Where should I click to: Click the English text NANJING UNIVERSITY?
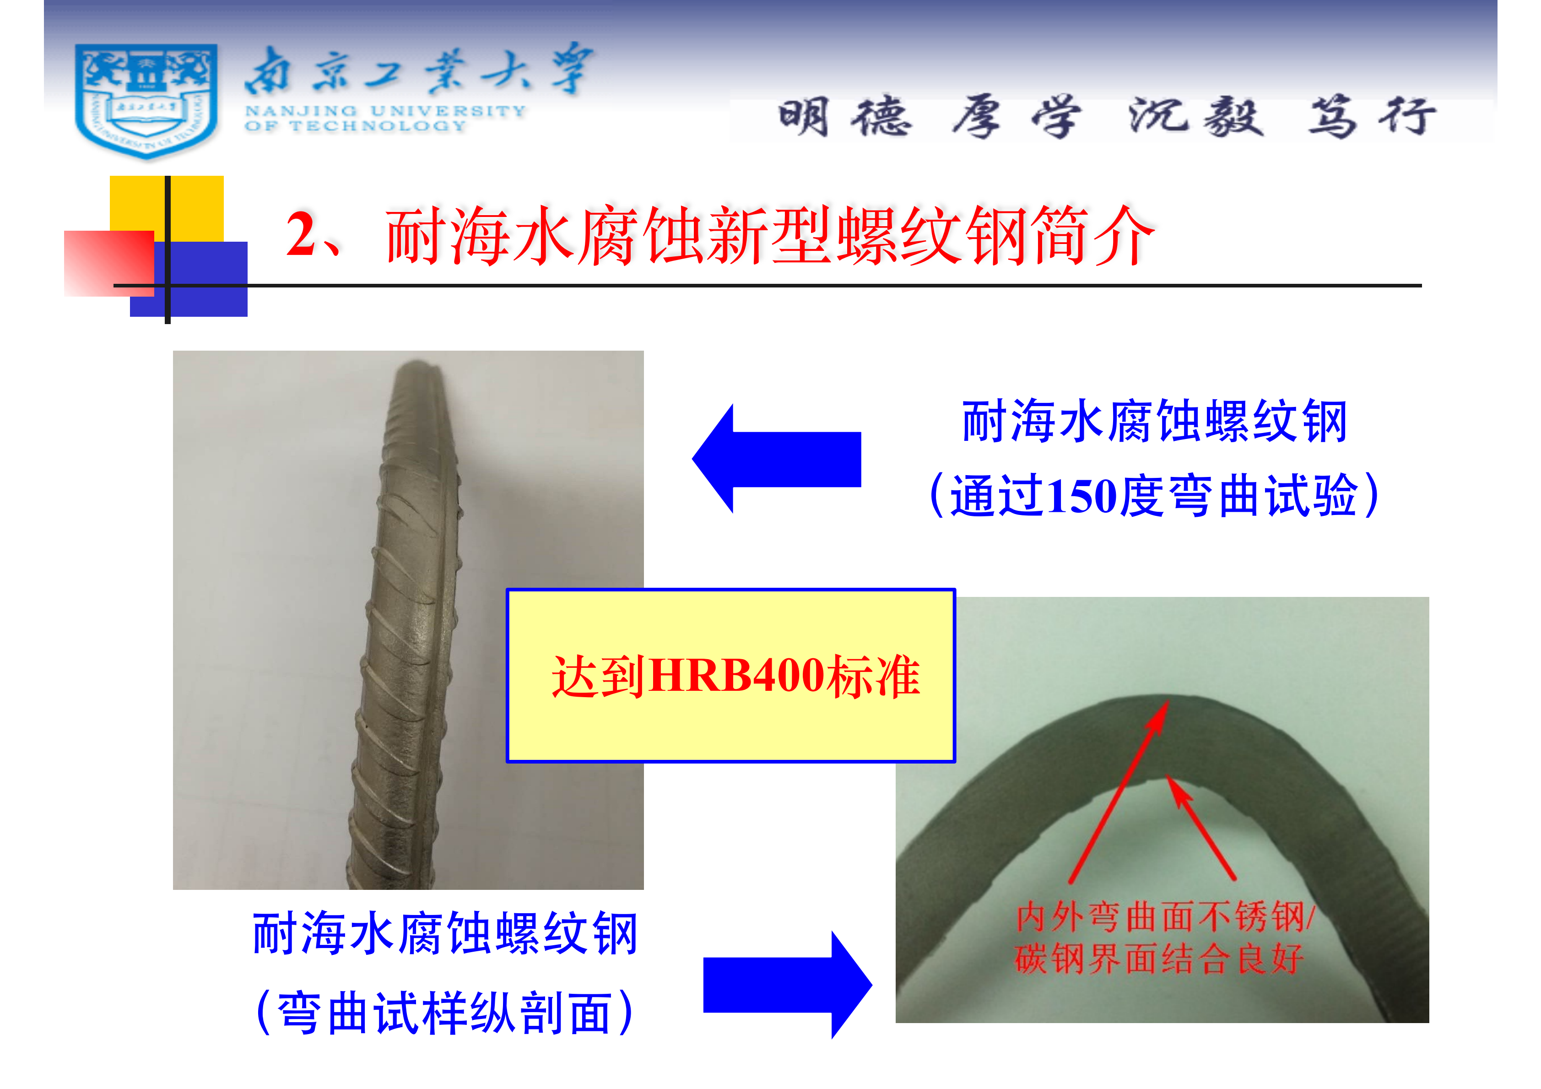385,111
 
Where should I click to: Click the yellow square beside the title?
167,208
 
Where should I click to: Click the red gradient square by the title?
109,263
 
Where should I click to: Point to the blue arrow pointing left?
777,459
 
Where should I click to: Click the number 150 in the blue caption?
1082,497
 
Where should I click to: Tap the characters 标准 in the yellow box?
872,676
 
